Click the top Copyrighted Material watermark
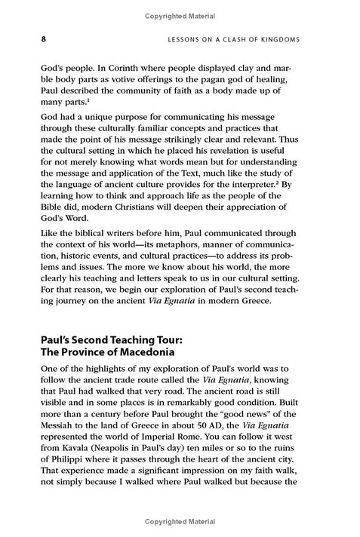(x=180, y=5)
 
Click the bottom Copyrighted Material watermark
(x=180, y=530)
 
